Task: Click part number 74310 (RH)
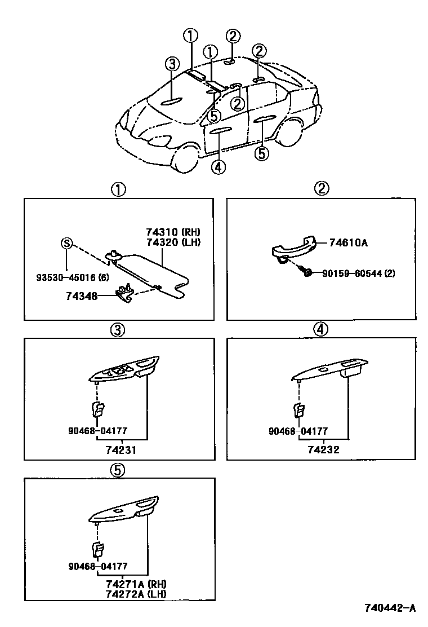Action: point(173,232)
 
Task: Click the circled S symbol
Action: point(66,244)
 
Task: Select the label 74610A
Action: point(348,243)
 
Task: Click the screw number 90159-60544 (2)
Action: point(358,273)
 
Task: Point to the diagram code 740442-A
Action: point(389,608)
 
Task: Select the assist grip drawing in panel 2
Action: point(293,248)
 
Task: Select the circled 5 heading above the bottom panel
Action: point(117,470)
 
